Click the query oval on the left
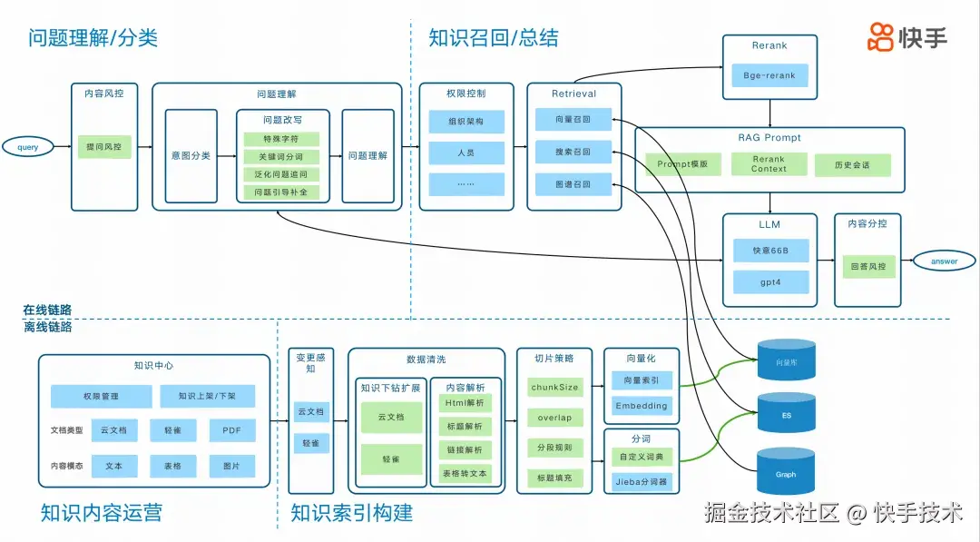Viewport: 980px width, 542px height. coord(27,146)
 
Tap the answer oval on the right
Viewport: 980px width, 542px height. coord(944,261)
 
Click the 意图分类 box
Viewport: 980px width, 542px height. coord(191,156)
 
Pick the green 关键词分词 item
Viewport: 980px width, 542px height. coord(281,157)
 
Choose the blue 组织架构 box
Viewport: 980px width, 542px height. coord(465,122)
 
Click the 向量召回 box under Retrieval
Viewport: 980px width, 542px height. coord(573,119)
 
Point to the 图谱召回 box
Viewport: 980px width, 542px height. coord(573,184)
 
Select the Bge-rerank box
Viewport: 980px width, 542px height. coord(769,75)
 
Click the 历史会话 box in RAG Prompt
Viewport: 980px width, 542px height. coord(853,164)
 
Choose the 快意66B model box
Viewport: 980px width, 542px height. coord(769,251)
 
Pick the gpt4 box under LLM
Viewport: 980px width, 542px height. coord(769,282)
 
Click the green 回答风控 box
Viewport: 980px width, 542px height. coord(867,267)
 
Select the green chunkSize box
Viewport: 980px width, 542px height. coord(554,388)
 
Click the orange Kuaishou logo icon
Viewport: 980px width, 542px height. coord(880,37)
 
